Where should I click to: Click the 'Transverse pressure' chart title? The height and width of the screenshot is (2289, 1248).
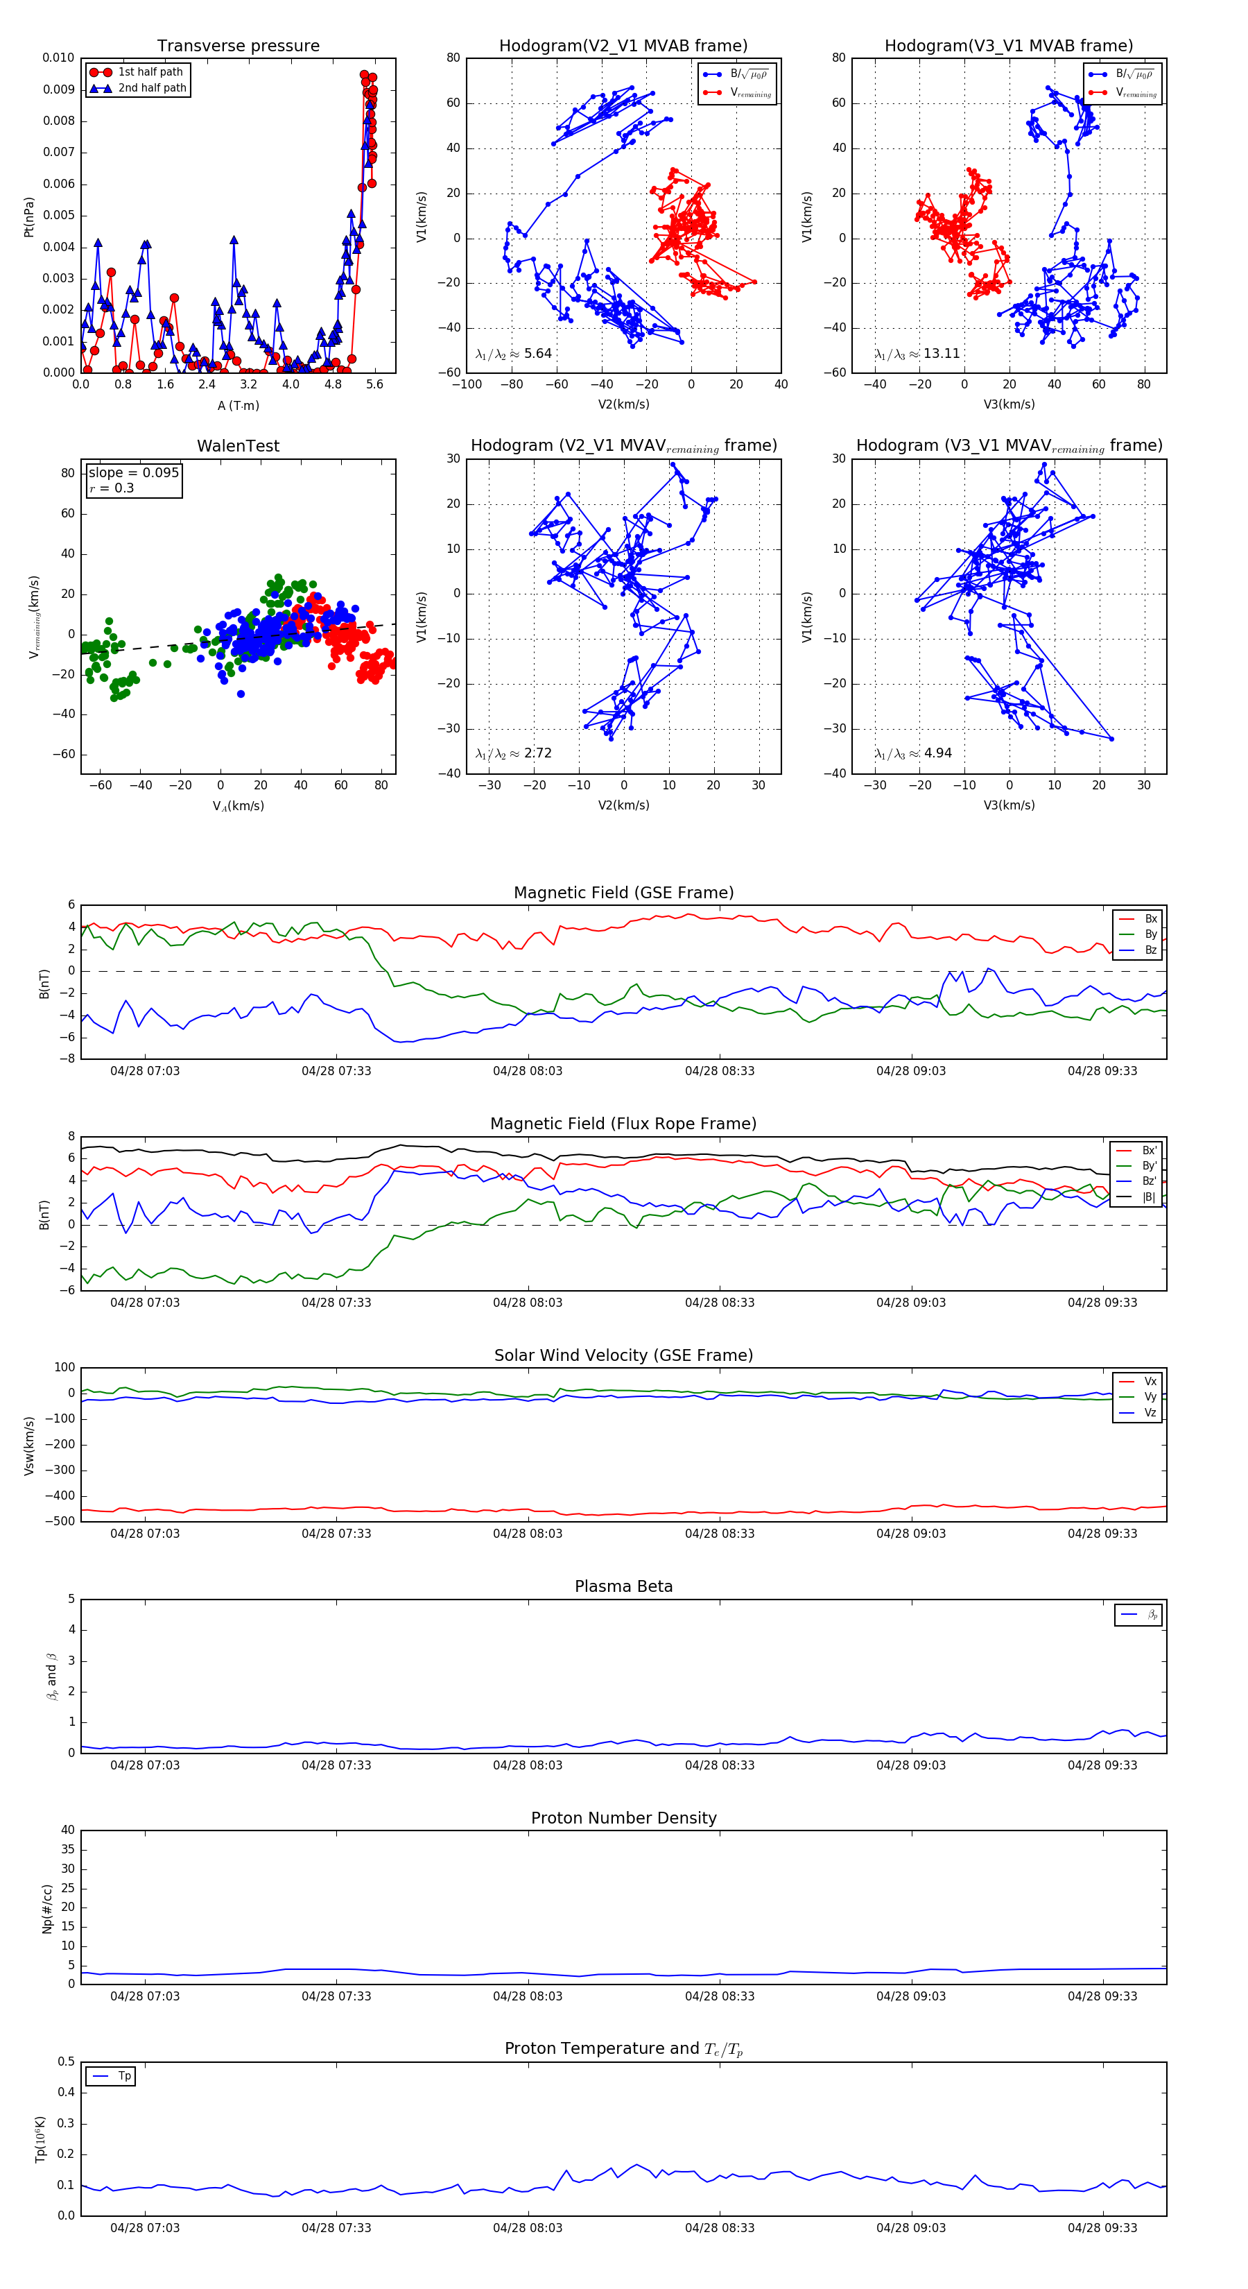point(238,46)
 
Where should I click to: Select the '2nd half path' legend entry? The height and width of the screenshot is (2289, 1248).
point(152,88)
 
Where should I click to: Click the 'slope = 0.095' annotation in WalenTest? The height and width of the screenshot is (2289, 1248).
point(133,473)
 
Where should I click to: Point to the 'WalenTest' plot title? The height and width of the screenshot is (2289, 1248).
point(238,446)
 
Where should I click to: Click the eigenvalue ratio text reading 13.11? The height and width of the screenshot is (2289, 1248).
point(917,354)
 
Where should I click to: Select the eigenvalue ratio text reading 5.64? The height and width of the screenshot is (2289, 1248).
point(513,354)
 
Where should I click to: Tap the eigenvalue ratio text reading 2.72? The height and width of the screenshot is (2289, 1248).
point(513,753)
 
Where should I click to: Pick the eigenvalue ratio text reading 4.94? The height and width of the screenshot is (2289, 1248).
point(913,753)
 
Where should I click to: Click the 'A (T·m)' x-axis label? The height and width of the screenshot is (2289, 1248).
point(238,406)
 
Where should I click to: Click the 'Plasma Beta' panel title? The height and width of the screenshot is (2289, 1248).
point(623,1586)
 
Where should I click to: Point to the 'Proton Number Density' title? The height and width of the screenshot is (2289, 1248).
point(623,1818)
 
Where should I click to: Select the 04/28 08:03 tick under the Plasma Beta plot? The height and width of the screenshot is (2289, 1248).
point(528,1765)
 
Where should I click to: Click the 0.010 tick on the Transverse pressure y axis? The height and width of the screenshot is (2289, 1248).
point(59,59)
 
